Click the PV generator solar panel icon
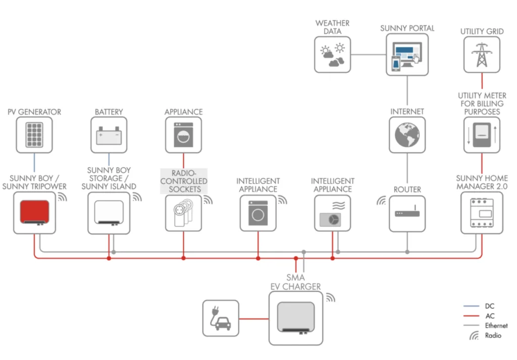tap(34, 135)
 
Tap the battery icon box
tap(109, 135)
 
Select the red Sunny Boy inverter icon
tap(34, 213)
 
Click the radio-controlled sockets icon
tap(183, 213)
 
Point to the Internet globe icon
tap(407, 135)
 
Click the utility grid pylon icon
tap(482, 55)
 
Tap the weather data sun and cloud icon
tap(333, 55)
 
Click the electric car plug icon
tap(221, 318)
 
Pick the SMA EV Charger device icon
tap(295, 319)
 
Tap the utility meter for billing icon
tap(482, 135)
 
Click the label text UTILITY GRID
tap(482, 31)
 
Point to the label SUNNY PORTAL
tap(407, 28)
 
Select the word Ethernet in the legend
tap(496, 326)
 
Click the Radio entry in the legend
tap(493, 335)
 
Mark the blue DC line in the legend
tap(471, 306)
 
